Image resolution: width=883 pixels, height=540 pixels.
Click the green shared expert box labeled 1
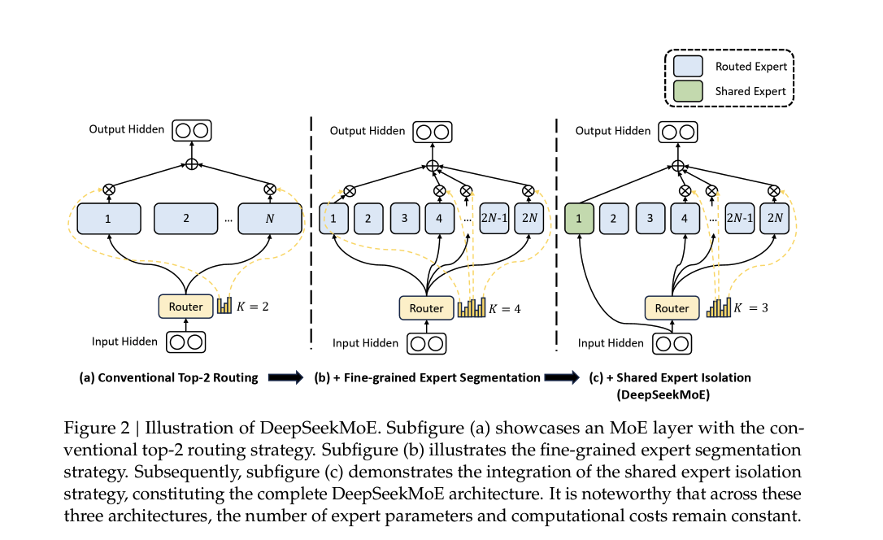pos(580,218)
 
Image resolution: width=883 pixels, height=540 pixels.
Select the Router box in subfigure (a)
pos(186,307)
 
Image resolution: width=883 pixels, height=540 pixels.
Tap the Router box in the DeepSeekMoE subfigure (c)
pos(672,308)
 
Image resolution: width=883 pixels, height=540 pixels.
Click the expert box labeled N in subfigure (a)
pos(270,219)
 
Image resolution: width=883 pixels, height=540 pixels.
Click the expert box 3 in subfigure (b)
pos(404,218)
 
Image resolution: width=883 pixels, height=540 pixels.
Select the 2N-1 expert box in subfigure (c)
pos(741,218)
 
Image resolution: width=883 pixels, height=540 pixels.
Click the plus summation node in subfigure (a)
pos(192,164)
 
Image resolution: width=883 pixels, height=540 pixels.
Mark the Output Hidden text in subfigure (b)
pos(368,131)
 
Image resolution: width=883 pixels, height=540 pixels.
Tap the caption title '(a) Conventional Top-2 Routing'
pos(168,377)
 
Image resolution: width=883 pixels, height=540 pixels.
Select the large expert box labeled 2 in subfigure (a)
pos(186,219)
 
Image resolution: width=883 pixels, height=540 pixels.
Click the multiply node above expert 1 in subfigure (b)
pos(350,191)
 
